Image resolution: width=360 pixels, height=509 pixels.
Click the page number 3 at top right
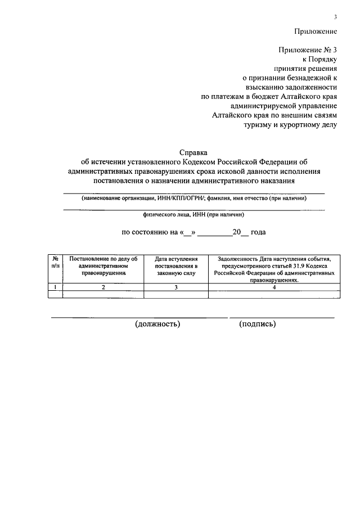335,17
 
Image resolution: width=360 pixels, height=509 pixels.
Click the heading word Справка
193,152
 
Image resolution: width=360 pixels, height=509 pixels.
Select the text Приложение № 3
307,49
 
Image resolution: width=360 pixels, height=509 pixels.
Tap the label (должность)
157,324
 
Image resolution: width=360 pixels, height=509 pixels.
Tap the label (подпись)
256,324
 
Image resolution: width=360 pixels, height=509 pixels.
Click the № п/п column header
55,262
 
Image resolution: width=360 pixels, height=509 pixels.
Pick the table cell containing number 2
103,287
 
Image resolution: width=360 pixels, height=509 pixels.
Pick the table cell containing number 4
274,287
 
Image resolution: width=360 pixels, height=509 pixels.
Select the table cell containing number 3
176,287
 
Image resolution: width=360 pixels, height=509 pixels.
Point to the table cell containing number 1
55,287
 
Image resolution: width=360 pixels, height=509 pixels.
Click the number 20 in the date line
237,232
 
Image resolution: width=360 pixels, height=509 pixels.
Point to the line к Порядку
320,59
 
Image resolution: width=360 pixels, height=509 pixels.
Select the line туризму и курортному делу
290,124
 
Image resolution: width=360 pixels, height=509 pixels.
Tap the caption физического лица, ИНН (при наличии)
193,214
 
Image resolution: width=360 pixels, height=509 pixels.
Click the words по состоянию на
147,232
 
